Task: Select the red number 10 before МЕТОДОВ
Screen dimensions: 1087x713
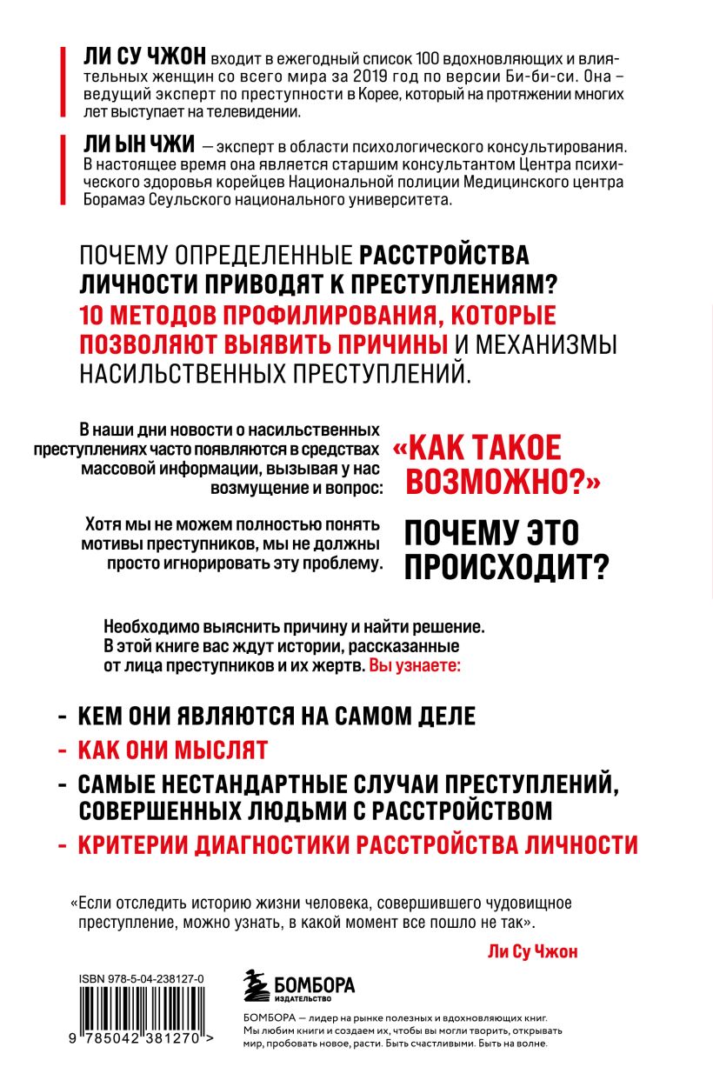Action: click(91, 314)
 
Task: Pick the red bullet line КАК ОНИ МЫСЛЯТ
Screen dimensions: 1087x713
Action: click(173, 750)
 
